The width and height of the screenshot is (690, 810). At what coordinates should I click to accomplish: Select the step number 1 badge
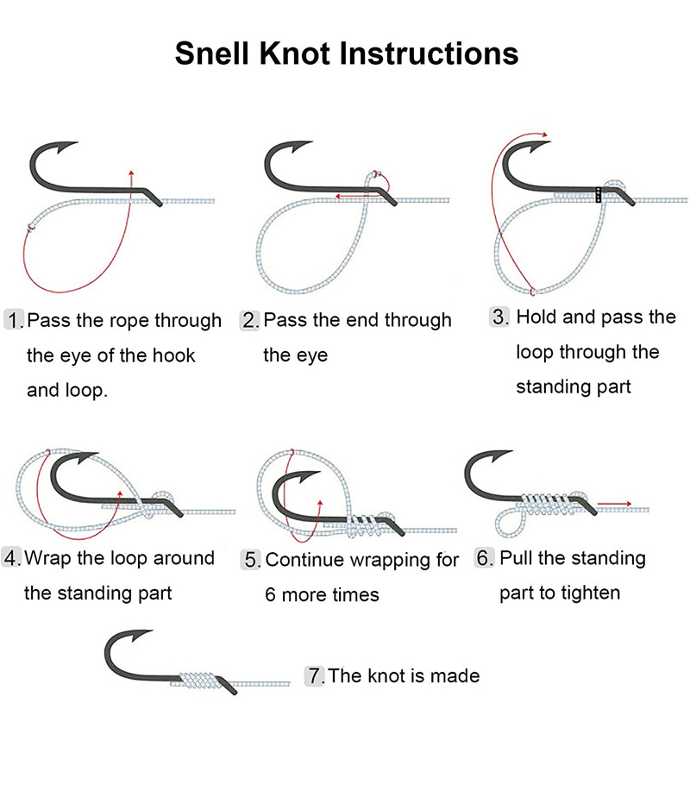tap(15, 321)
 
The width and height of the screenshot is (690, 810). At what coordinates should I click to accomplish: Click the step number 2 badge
tap(250, 321)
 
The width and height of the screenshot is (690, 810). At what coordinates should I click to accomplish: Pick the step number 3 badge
tap(501, 317)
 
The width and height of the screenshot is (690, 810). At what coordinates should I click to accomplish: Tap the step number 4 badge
tap(12, 558)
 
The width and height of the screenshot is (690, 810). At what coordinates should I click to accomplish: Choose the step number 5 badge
tap(252, 560)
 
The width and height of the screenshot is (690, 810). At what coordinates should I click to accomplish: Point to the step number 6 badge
tap(486, 558)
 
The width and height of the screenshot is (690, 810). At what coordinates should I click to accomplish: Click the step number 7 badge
tap(315, 675)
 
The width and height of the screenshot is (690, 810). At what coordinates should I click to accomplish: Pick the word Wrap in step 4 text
tap(49, 558)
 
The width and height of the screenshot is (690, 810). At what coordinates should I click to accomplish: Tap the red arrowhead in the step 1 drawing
tap(131, 173)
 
